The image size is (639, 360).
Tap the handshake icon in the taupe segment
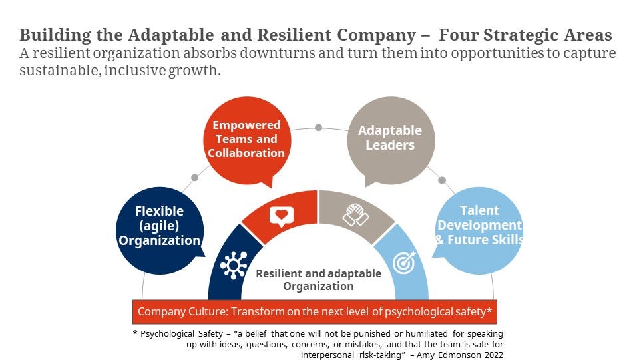[x=356, y=214]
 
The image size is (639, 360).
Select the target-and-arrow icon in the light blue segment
[x=403, y=262]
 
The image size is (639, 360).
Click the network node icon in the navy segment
[x=233, y=264]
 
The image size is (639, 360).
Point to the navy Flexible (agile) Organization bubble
[x=159, y=226]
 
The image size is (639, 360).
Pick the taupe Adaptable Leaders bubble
[x=391, y=138]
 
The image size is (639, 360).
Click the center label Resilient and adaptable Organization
[x=318, y=280]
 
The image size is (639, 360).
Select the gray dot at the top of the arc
[x=319, y=127]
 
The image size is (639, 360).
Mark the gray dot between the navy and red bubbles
[x=194, y=178]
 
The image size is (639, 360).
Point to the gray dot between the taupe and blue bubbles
[x=441, y=180]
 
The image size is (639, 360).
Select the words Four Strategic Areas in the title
[x=525, y=35]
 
